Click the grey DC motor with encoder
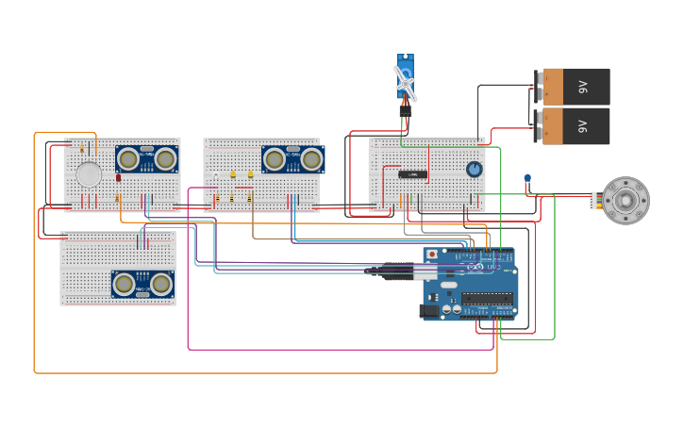626,201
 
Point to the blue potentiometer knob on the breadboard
474,169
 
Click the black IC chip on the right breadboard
410,174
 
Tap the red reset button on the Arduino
432,254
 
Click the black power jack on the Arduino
429,309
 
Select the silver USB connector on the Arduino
425,272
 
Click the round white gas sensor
89,174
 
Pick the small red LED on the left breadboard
119,177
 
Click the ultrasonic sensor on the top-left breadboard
146,158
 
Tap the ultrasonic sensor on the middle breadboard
292,159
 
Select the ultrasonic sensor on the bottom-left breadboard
142,284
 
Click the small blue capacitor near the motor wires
527,178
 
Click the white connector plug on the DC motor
594,200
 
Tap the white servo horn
405,84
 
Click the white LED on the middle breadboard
216,176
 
